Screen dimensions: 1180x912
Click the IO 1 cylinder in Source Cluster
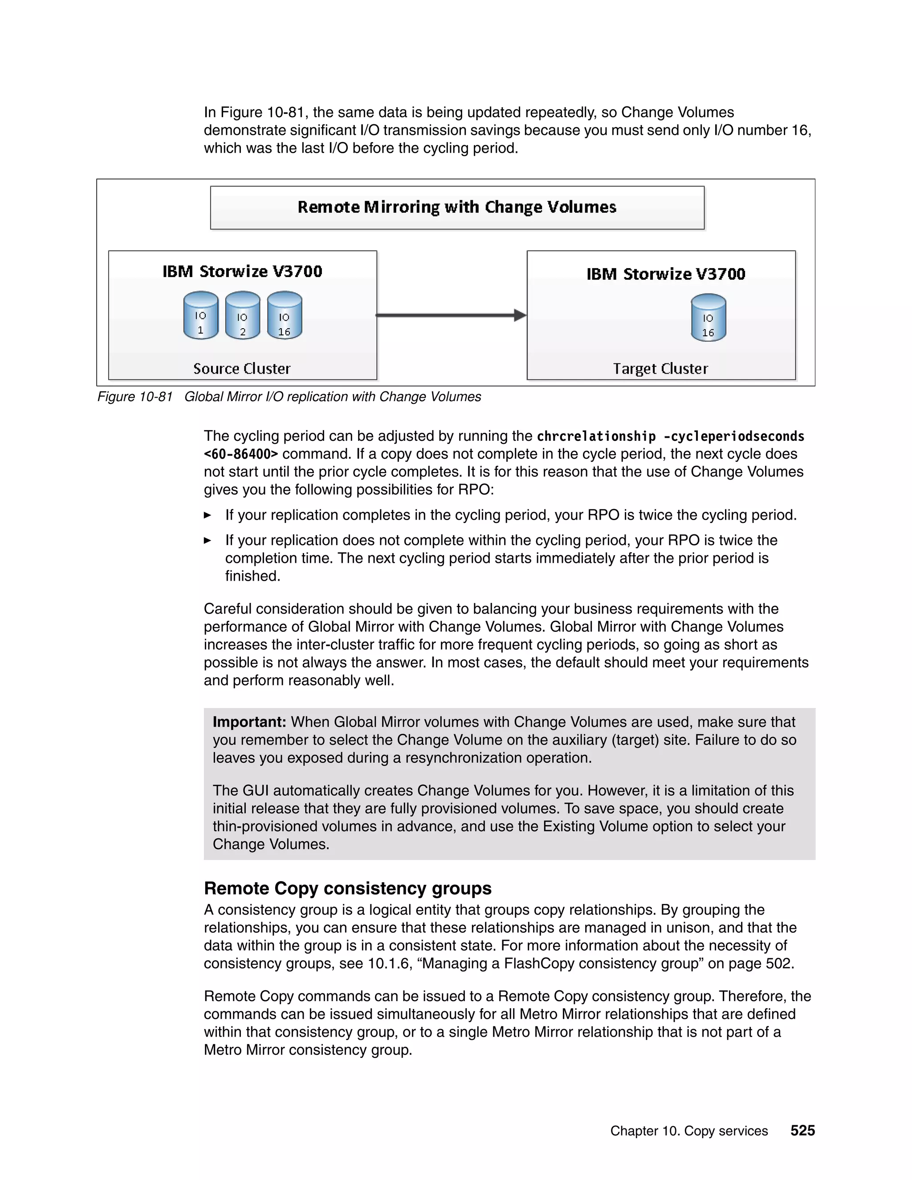pos(200,316)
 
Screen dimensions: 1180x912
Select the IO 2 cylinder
pos(242,316)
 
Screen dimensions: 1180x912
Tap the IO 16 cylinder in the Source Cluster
pos(284,316)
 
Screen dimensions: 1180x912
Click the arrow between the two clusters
pos(451,315)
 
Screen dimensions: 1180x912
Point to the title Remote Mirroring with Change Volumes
pos(456,208)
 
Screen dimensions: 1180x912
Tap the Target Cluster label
pos(660,369)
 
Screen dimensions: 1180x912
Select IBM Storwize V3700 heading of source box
pos(242,271)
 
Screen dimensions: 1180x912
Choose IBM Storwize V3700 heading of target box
pos(666,274)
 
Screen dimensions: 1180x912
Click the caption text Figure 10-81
pos(135,397)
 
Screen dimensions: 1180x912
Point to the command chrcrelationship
pos(596,436)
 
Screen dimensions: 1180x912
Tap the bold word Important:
pos(249,722)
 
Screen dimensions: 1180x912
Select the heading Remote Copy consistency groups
pos(347,888)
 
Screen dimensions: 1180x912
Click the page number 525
pos(802,1130)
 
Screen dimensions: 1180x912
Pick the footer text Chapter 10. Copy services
pos(689,1131)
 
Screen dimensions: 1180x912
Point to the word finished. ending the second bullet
pos(252,576)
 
